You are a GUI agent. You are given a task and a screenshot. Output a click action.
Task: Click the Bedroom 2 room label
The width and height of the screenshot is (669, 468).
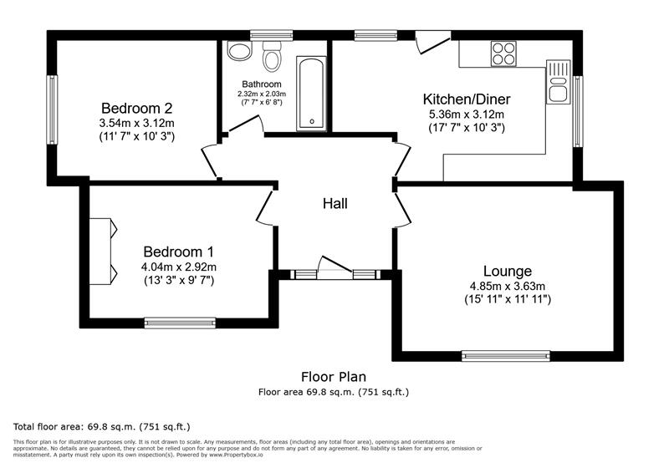point(136,108)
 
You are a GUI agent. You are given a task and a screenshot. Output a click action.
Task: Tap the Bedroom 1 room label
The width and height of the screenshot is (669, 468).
point(178,252)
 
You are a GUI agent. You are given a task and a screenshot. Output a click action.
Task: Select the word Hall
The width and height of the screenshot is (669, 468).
point(334,203)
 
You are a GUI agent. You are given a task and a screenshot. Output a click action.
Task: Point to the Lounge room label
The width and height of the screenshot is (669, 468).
point(507,271)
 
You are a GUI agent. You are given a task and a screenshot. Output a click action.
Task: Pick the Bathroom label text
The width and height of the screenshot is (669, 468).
point(262,84)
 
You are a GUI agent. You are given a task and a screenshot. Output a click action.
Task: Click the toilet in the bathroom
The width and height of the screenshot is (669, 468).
point(271,58)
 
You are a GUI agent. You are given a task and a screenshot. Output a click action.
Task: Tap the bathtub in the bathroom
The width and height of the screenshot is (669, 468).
point(312,94)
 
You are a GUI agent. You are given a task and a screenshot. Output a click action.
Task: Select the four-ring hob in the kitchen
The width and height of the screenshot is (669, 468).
point(503,53)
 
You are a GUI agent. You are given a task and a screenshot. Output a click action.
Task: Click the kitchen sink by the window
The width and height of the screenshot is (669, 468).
point(558,82)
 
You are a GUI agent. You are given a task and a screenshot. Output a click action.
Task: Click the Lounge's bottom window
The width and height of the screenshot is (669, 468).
point(506,355)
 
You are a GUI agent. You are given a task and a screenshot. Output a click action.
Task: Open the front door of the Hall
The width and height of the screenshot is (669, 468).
point(334,267)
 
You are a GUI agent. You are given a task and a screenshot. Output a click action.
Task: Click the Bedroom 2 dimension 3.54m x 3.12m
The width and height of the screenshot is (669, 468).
point(136,123)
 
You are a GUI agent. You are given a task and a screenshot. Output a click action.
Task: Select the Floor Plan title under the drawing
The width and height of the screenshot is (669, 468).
point(334,377)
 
